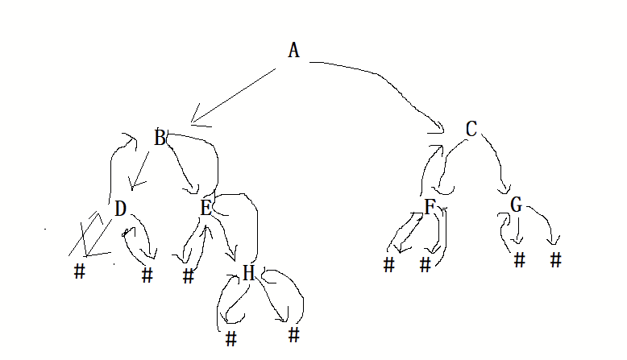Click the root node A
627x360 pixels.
(x=293, y=51)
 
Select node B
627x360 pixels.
(x=160, y=139)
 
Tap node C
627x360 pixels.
(x=471, y=129)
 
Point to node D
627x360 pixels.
(x=120, y=209)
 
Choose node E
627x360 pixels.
(x=206, y=208)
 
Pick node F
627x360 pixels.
(x=430, y=207)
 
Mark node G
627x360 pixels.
(x=517, y=205)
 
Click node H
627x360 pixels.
(x=248, y=274)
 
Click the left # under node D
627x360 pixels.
(x=79, y=271)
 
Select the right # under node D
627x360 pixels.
(x=147, y=275)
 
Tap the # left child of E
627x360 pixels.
(x=189, y=276)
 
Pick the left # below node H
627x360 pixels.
(x=231, y=338)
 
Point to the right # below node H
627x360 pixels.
(x=293, y=333)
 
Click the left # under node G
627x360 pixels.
(x=519, y=260)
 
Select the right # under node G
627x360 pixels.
(x=555, y=260)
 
